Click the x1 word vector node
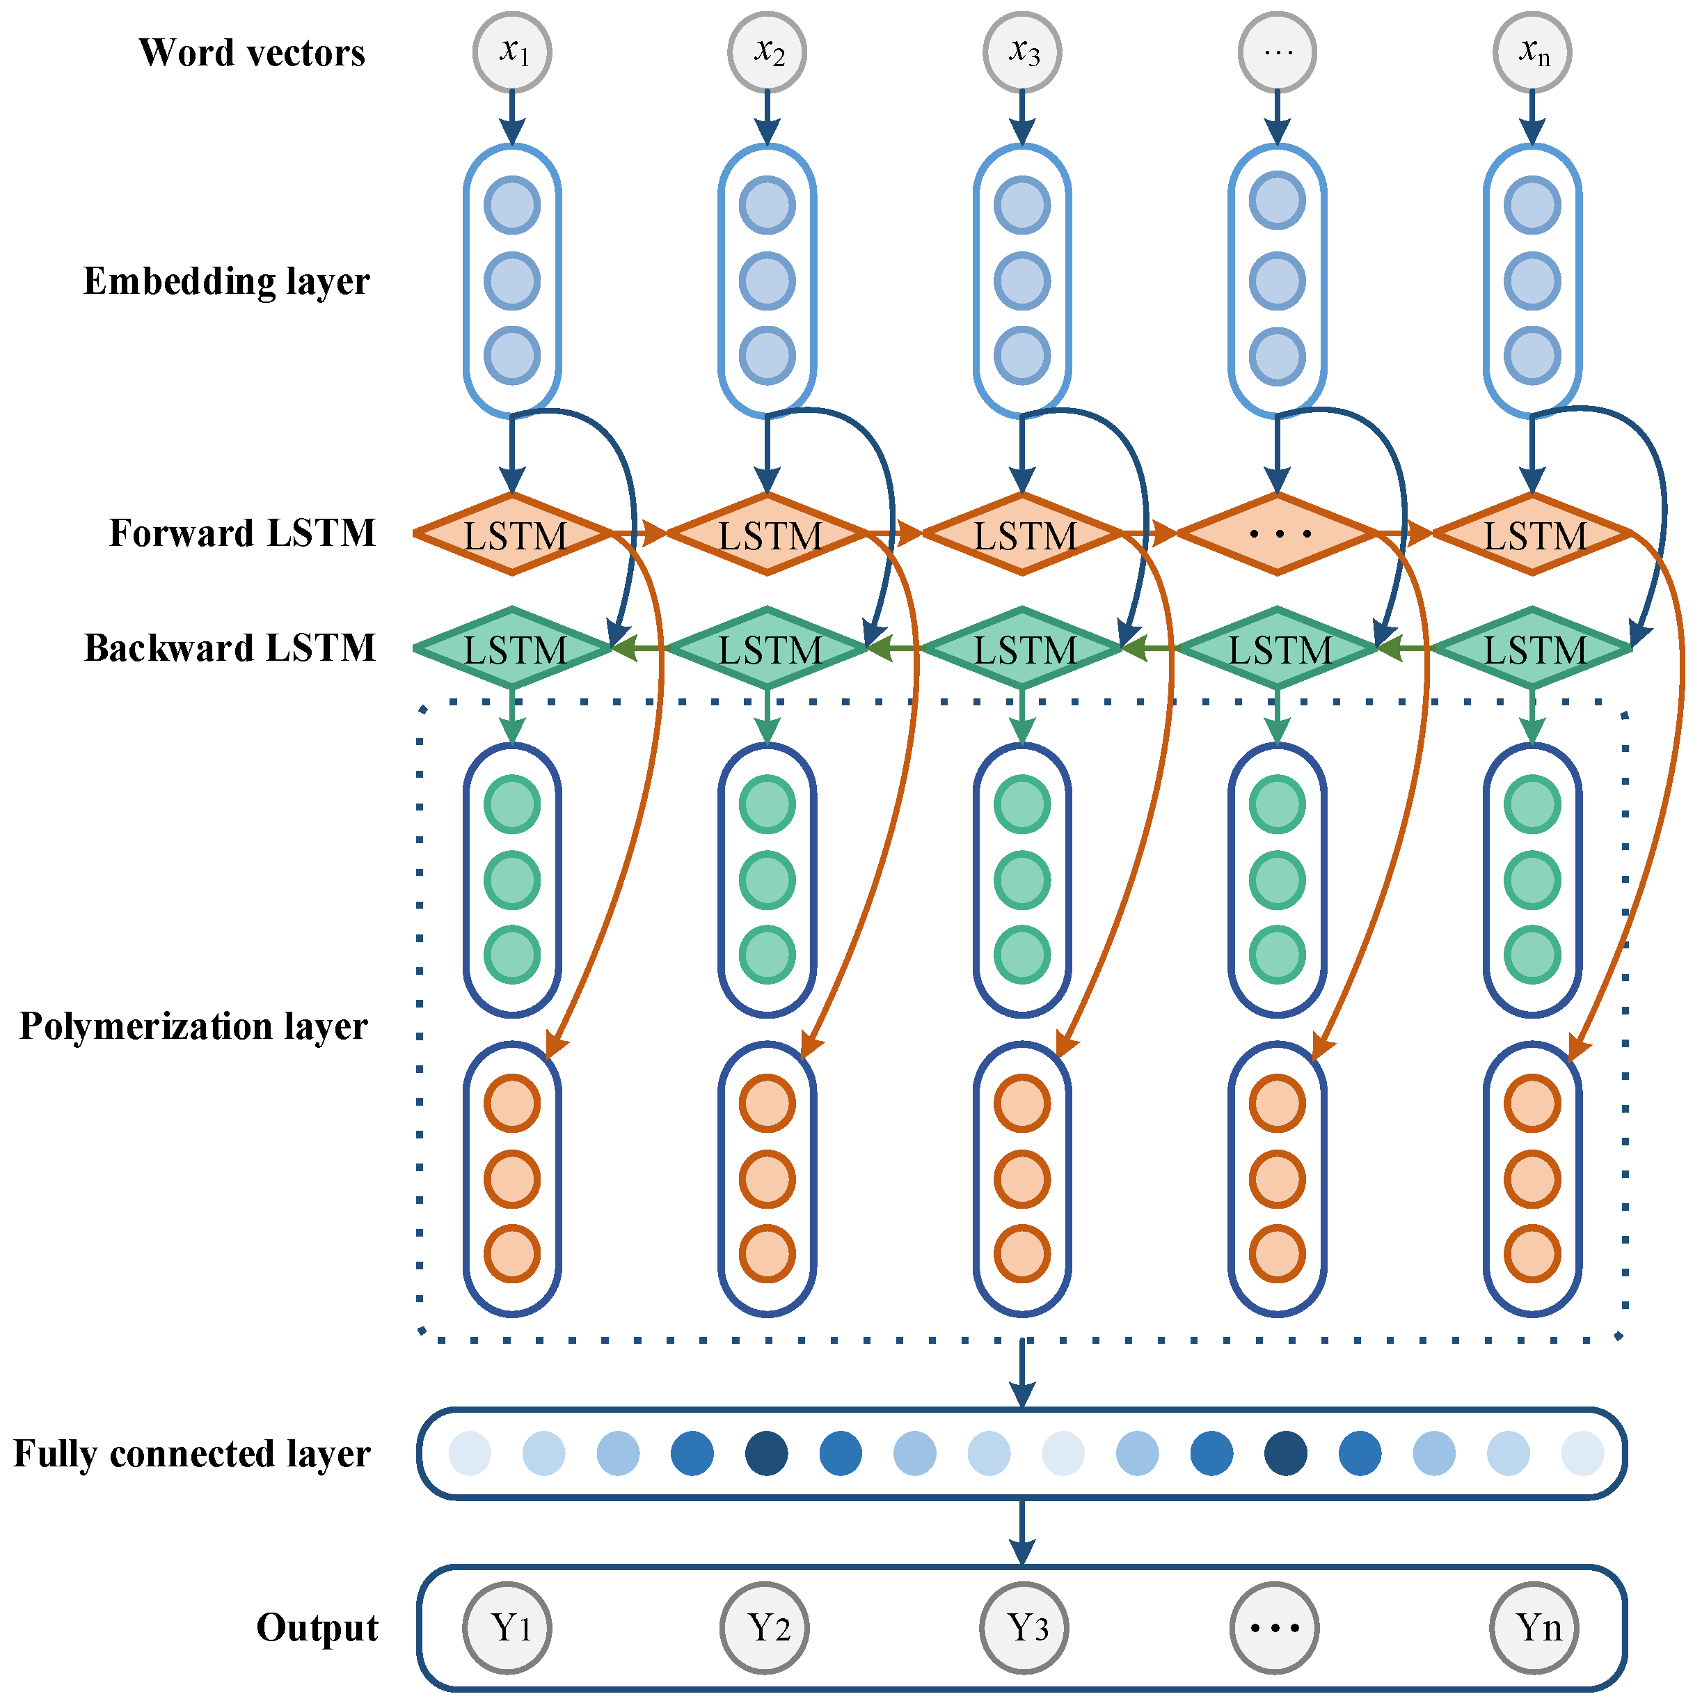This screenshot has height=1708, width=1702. (x=513, y=52)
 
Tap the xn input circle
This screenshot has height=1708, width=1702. (x=1532, y=52)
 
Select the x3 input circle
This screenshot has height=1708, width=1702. (x=1022, y=52)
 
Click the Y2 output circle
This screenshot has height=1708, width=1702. (x=765, y=1627)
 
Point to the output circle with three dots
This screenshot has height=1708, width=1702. (x=1273, y=1627)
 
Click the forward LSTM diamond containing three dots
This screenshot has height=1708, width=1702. (x=1277, y=534)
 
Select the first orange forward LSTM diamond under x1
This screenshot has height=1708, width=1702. (x=513, y=534)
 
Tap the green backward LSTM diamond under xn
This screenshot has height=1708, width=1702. (x=1532, y=649)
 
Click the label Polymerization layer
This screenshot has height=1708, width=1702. (x=193, y=1026)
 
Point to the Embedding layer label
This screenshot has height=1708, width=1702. (x=226, y=281)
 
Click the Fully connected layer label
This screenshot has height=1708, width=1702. (x=192, y=1455)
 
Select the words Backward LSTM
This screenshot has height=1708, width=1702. (x=230, y=648)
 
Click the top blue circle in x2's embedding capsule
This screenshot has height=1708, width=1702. (x=767, y=205)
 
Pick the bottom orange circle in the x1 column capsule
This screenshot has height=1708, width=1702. (x=513, y=1253)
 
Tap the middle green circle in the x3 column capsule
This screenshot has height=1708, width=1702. (x=1022, y=879)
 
